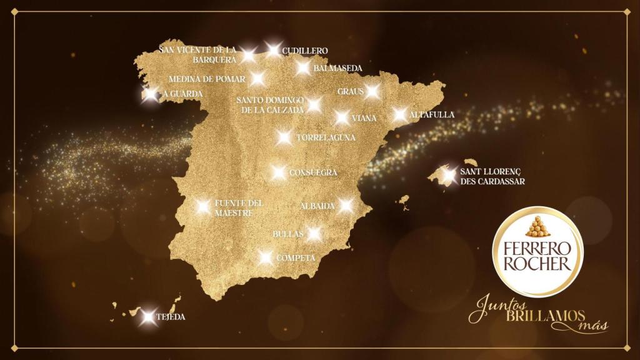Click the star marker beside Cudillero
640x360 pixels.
point(272,49)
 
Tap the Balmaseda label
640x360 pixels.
point(338,67)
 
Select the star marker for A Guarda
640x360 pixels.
point(149,95)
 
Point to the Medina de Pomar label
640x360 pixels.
point(207,79)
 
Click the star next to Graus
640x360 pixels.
point(372,91)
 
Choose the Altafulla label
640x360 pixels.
point(432,115)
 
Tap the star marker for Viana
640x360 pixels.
point(342,117)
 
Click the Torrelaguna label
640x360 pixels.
point(326,137)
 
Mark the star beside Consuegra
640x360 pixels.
point(279,172)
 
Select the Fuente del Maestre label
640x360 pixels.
point(239,208)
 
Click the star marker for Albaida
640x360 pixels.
point(346,206)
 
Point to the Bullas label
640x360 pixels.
point(288,234)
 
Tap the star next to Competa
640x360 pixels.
point(266,257)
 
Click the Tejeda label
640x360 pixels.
point(171,317)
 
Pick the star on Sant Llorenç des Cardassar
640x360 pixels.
point(448,174)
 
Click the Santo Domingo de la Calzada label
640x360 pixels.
point(270,104)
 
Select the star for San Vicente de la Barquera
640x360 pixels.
point(248,54)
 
